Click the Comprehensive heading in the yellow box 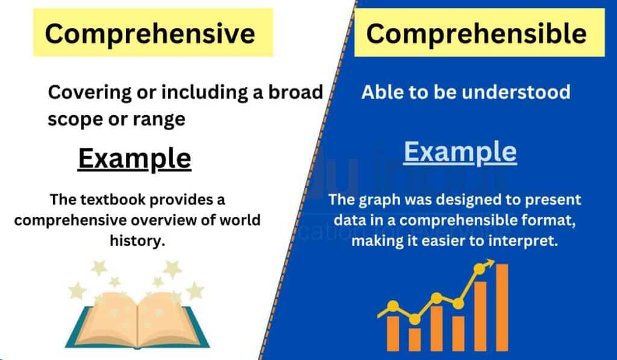pyautogui.click(x=149, y=34)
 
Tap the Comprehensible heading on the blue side pyautogui.click(x=476, y=33)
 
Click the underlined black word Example pyautogui.click(x=135, y=159)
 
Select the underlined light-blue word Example pyautogui.click(x=460, y=152)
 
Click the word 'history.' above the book pyautogui.click(x=137, y=240)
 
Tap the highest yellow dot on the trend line pyautogui.click(x=480, y=268)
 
